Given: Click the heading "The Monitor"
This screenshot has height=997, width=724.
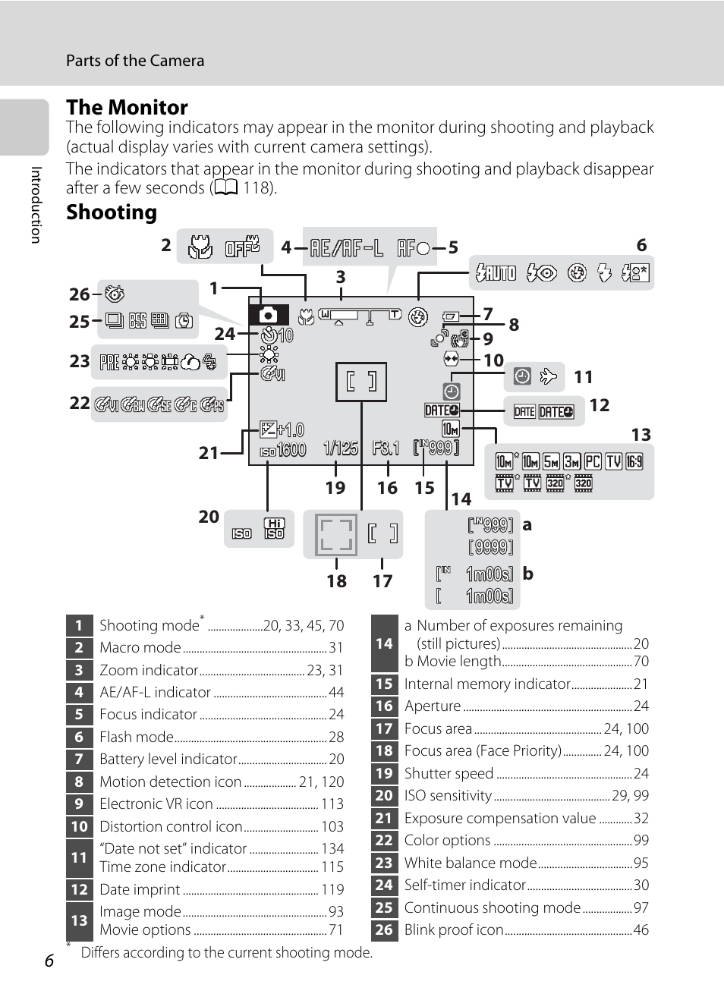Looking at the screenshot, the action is [x=127, y=107].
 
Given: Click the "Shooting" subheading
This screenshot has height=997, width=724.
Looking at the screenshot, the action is [x=112, y=212].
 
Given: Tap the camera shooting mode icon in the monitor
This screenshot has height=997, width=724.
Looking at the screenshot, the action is [x=269, y=315].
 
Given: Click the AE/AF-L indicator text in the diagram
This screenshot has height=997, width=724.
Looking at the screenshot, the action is [x=346, y=248].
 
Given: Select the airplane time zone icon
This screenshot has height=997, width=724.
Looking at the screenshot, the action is [x=548, y=377].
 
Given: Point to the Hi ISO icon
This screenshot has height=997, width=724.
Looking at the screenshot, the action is [x=274, y=528].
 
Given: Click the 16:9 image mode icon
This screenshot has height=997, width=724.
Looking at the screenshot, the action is [x=634, y=462].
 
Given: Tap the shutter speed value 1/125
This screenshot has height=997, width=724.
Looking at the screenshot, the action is [x=341, y=448].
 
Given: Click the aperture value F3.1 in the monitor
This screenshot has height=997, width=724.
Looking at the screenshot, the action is [x=386, y=448].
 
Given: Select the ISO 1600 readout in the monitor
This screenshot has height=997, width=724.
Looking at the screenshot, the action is [x=283, y=450].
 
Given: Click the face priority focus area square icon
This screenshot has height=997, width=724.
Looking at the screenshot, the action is [x=336, y=535].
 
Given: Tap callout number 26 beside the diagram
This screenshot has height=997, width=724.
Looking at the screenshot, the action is [x=79, y=294].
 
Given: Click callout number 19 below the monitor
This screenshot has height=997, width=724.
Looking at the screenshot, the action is [x=335, y=488].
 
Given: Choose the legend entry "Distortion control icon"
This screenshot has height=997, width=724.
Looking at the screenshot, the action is [x=171, y=826].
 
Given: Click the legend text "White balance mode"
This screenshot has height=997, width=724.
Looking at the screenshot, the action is [x=471, y=863].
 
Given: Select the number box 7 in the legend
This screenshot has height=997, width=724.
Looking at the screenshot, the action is [x=79, y=760].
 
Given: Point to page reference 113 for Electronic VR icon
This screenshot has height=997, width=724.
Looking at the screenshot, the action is [x=332, y=804].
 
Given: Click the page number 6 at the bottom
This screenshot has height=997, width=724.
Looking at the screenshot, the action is [x=49, y=961].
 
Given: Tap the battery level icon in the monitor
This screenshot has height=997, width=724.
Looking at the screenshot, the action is [x=451, y=316].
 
